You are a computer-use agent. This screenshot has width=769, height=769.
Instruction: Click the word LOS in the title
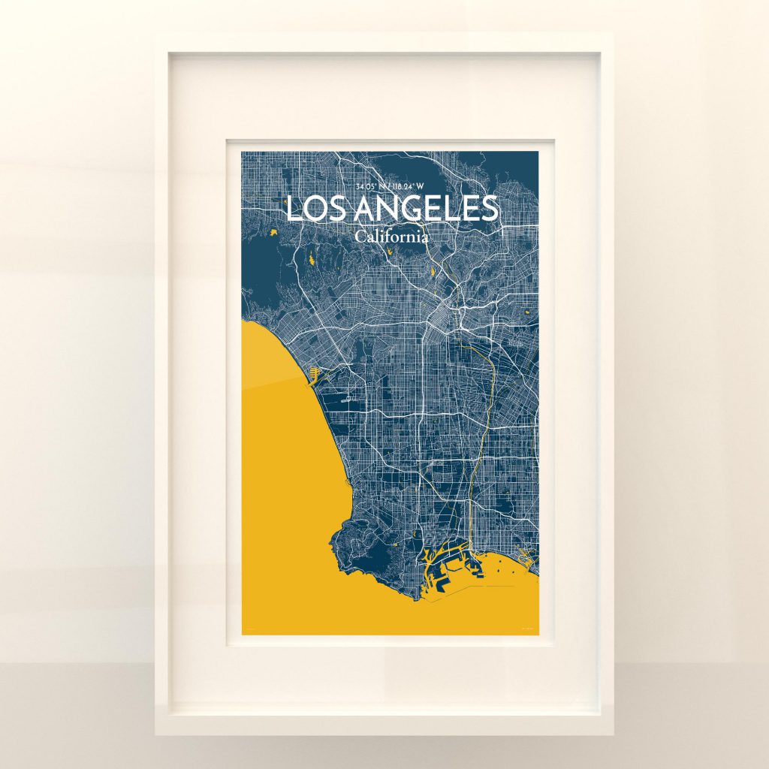[x=309, y=209]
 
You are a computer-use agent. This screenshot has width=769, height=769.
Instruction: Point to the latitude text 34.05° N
[x=372, y=186]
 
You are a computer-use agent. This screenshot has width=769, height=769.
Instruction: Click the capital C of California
[x=361, y=237]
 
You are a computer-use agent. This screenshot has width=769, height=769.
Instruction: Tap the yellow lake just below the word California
[x=433, y=271]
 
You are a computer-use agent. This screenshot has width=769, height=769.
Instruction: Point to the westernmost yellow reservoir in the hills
[x=273, y=232]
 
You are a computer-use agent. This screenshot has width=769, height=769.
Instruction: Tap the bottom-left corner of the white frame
[x=157, y=733]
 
